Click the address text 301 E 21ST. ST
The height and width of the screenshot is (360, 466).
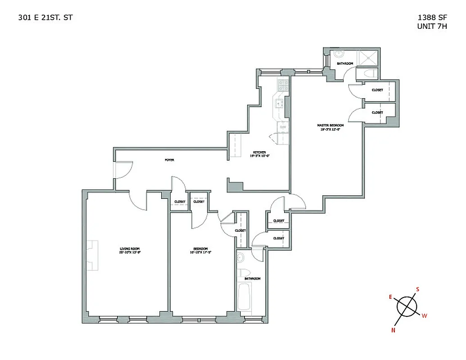click(45, 18)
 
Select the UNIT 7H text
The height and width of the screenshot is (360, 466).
click(432, 26)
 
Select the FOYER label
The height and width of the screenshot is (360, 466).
click(169, 160)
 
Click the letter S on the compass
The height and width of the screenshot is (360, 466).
click(417, 289)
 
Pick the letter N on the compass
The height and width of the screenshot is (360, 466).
click(393, 330)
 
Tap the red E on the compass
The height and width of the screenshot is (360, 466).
click(391, 297)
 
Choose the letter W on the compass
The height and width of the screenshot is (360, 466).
click(424, 316)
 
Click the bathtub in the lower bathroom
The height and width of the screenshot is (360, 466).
click(245, 298)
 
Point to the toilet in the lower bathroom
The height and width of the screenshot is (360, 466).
click(244, 273)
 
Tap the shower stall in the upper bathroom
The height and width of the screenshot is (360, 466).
click(368, 58)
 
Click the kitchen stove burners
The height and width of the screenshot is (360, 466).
click(282, 85)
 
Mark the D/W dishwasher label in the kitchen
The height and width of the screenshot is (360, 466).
click(283, 127)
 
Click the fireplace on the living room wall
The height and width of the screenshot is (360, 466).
click(92, 255)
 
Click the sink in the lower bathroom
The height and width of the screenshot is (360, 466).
click(240, 258)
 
